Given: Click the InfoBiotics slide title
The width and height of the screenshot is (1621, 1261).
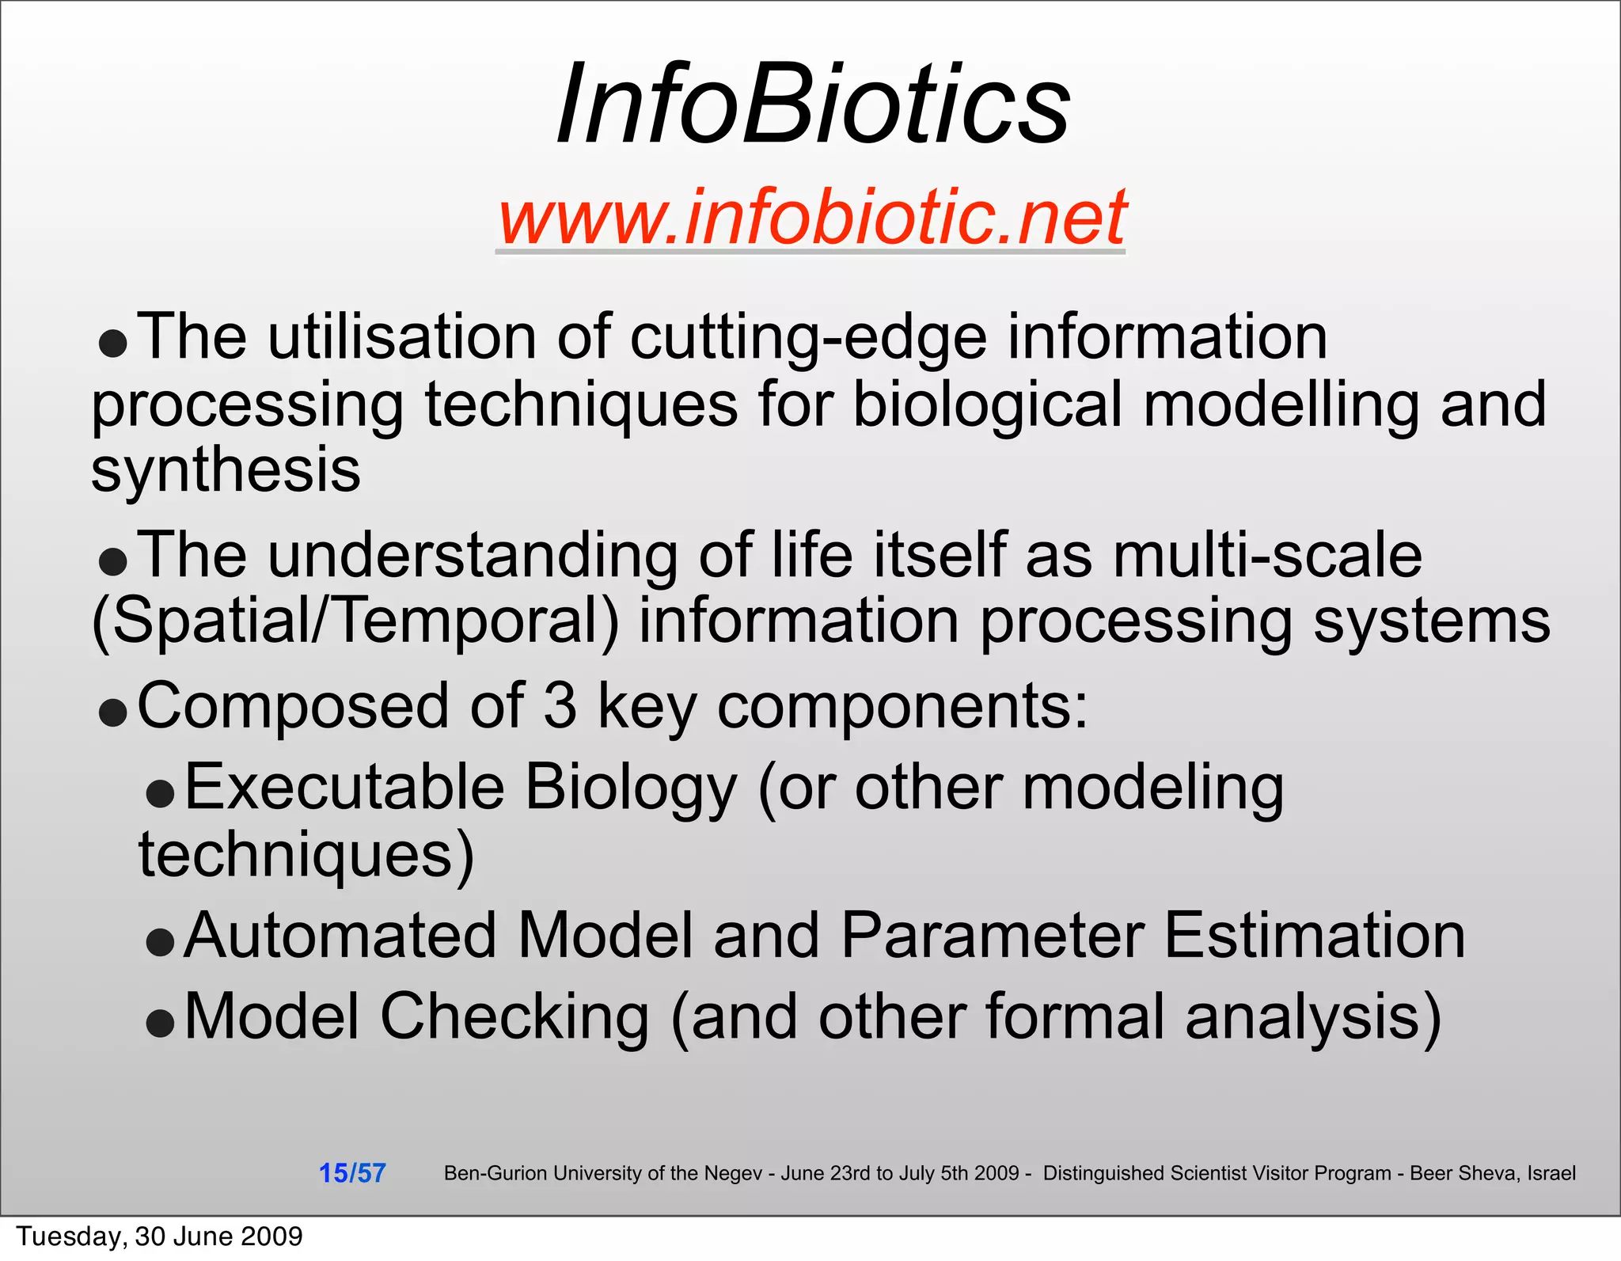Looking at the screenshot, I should tap(813, 104).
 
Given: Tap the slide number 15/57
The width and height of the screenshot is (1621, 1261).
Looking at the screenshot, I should tap(352, 1173).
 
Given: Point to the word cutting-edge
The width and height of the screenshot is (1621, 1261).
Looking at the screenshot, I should tap(808, 338).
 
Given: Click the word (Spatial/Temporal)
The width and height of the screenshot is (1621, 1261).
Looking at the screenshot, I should tap(355, 621).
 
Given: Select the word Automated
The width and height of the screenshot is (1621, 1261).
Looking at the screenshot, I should tap(340, 936).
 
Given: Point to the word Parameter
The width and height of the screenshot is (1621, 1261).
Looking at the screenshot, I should tap(993, 936).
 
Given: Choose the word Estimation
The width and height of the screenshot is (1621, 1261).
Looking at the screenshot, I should tap(1315, 936).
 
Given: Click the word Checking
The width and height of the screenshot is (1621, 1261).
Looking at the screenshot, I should tap(514, 1018).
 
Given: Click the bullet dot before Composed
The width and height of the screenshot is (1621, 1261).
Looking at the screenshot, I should tap(113, 712).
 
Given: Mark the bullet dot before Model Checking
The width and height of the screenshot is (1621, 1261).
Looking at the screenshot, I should tap(161, 1024).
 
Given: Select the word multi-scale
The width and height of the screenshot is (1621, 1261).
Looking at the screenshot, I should tap(1267, 555).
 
